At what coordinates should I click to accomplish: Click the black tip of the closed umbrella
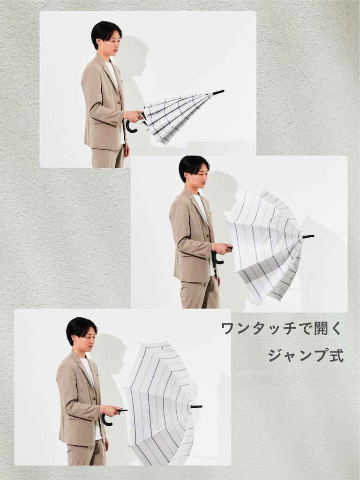tap(218, 92)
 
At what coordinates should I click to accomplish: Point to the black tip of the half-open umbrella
tap(308, 236)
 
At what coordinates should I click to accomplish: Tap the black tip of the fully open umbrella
tap(196, 406)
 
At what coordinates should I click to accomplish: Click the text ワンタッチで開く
tap(282, 329)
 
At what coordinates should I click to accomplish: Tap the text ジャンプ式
tap(306, 355)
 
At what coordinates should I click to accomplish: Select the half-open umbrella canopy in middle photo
tap(265, 244)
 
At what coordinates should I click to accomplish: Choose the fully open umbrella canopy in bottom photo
tap(159, 403)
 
